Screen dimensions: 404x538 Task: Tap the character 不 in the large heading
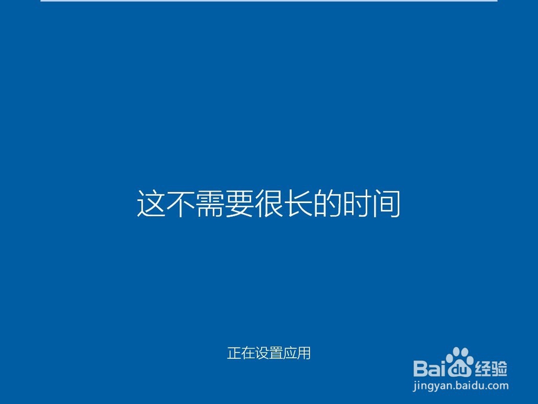point(180,204)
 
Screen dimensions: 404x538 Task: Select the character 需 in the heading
point(209,204)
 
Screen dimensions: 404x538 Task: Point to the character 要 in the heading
point(239,204)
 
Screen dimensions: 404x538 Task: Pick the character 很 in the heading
point(268,204)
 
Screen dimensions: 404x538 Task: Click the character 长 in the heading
point(298,204)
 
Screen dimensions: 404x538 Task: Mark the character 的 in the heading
point(328,204)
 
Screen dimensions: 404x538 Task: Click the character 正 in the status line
point(234,353)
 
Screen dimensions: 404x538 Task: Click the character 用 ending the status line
point(304,353)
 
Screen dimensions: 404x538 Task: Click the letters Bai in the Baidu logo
point(430,368)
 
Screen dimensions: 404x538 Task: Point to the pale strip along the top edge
point(269,1)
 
